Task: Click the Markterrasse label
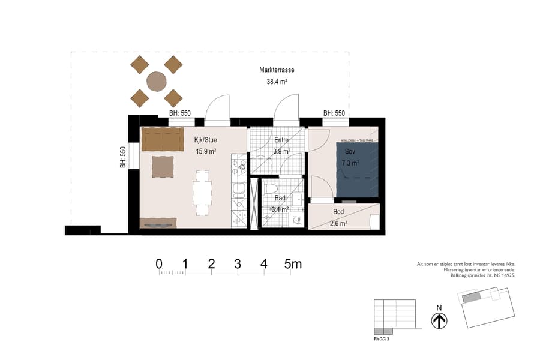277,70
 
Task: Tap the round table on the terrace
157,81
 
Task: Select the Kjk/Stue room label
205,140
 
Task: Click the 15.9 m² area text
205,152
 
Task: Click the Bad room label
280,198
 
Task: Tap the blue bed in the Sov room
358,170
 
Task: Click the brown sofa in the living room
163,139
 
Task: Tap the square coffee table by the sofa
163,166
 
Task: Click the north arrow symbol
439,321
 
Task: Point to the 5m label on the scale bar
293,263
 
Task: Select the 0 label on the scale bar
159,263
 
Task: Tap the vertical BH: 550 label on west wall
123,157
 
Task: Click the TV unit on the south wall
158,223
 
